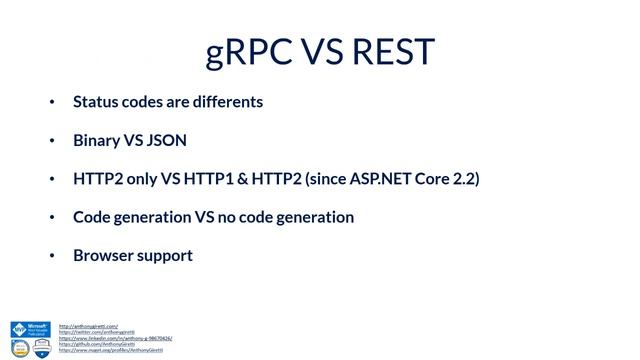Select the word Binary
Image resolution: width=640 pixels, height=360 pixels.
pyautogui.click(x=97, y=140)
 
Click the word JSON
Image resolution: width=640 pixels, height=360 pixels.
pyautogui.click(x=167, y=140)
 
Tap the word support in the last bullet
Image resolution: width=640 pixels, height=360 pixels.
pyautogui.click(x=167, y=255)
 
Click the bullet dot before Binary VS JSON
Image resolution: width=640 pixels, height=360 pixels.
pyautogui.click(x=53, y=141)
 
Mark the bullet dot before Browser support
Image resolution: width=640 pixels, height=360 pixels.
pyautogui.click(x=53, y=256)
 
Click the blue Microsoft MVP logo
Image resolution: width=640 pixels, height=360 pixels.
pyautogui.click(x=30, y=329)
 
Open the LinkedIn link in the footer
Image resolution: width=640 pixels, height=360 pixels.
pyautogui.click(x=115, y=338)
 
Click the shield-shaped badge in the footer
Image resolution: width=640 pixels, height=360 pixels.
pyautogui.click(x=42, y=347)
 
